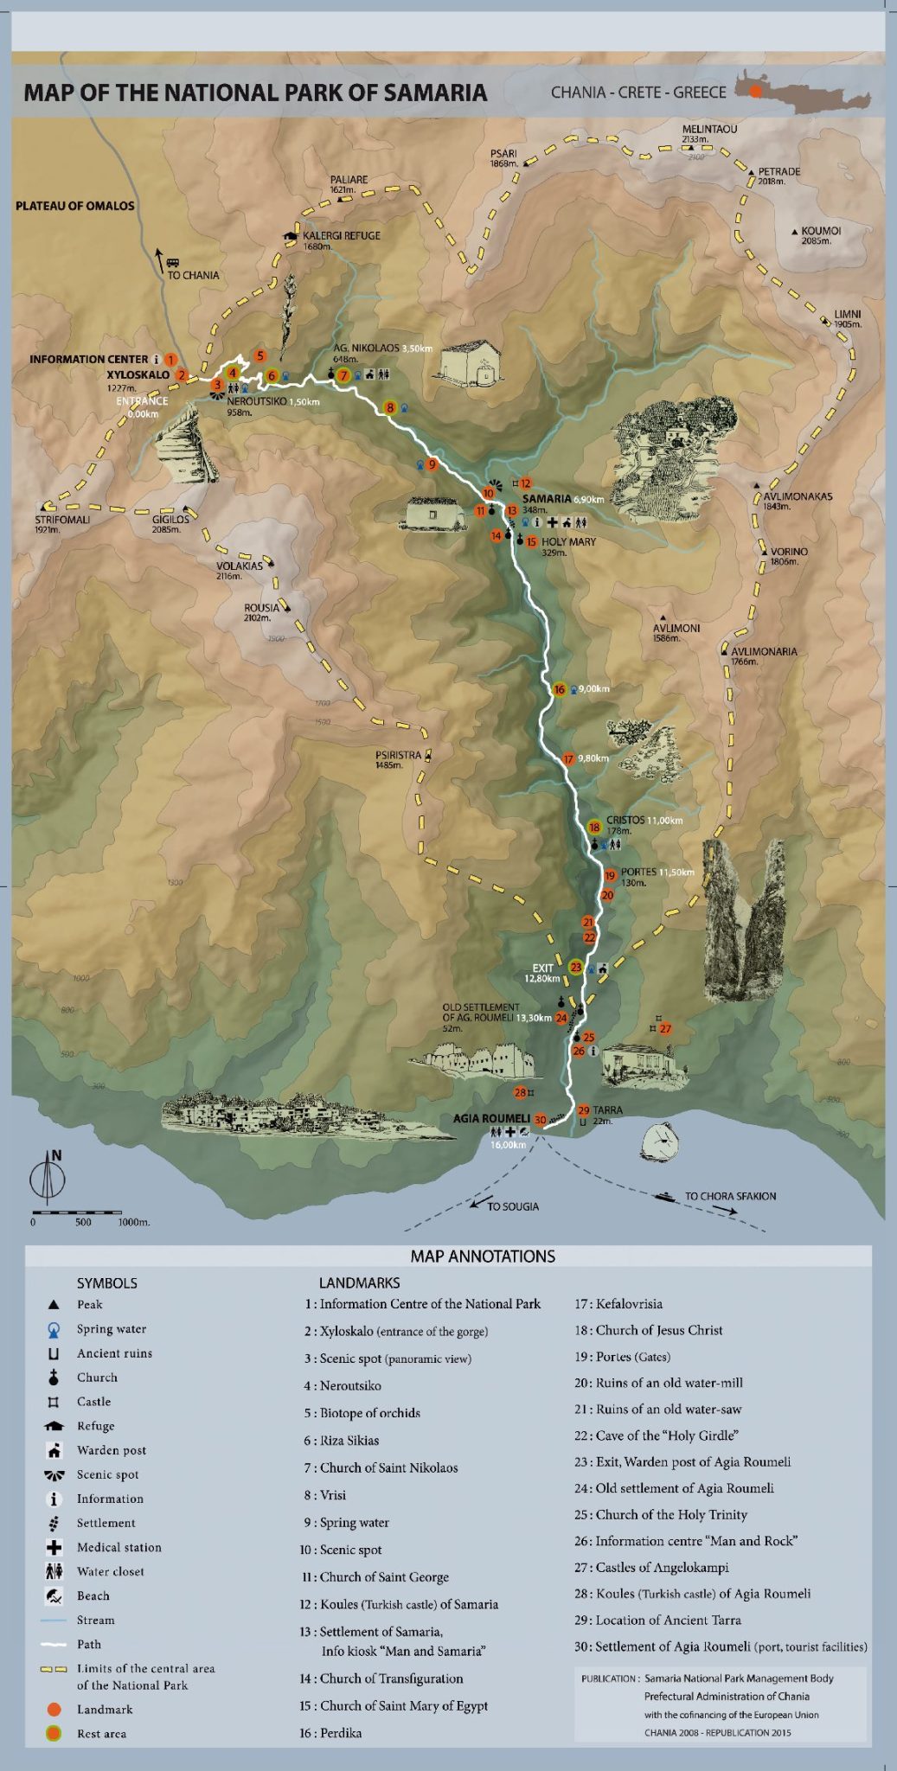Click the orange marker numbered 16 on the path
pyautogui.click(x=559, y=689)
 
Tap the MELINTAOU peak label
pyautogui.click(x=709, y=129)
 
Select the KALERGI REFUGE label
pyautogui.click(x=341, y=235)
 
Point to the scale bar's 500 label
pyautogui.click(x=83, y=1222)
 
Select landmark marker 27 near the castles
pyautogui.click(x=665, y=1029)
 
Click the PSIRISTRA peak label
pyautogui.click(x=398, y=755)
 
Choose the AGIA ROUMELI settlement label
pyautogui.click(x=491, y=1118)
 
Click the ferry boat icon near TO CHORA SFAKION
pyautogui.click(x=666, y=1197)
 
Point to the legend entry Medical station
pyautogui.click(x=119, y=1547)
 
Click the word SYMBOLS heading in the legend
pyautogui.click(x=106, y=1283)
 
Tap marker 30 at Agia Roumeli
pyautogui.click(x=540, y=1120)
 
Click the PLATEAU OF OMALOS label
pyautogui.click(x=75, y=206)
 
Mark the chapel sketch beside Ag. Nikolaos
pyautogui.click(x=471, y=361)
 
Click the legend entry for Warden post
pyautogui.click(x=111, y=1450)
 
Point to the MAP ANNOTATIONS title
pyautogui.click(x=483, y=1256)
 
